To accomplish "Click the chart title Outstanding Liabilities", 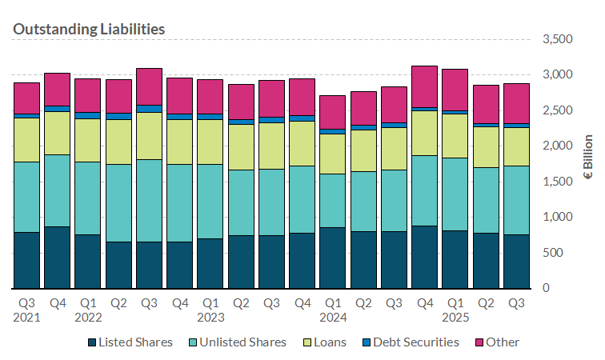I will coord(89,29).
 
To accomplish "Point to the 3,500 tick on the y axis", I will coord(557,39).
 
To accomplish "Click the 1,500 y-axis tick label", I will coord(557,182).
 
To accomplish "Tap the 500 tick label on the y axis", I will coord(563,253).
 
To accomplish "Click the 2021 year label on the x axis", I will coord(26,318).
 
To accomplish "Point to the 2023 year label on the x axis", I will coord(210,318).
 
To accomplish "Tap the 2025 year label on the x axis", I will coord(455,318).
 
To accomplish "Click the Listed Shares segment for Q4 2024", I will coord(425,257).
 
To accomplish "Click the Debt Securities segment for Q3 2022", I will coord(149,108).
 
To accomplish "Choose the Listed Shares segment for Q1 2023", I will coord(210,263).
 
